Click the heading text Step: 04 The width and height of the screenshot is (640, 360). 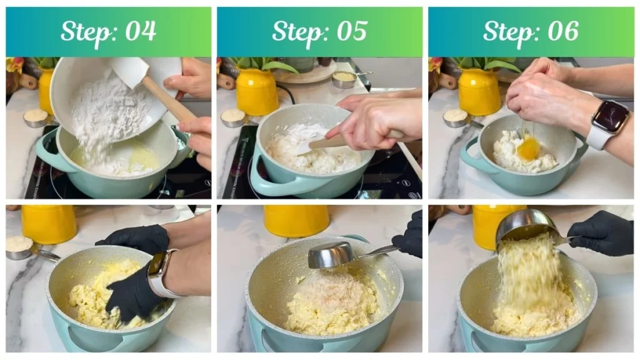click(x=108, y=31)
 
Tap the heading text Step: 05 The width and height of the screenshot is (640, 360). click(x=319, y=31)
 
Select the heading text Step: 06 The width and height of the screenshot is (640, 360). click(x=531, y=31)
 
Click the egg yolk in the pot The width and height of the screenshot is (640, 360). click(x=529, y=149)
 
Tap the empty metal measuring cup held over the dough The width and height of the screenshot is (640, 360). click(x=331, y=255)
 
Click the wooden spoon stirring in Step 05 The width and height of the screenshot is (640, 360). click(x=331, y=142)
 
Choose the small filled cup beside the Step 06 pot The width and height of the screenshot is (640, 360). click(x=456, y=117)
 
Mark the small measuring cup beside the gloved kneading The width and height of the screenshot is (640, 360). click(x=20, y=246)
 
